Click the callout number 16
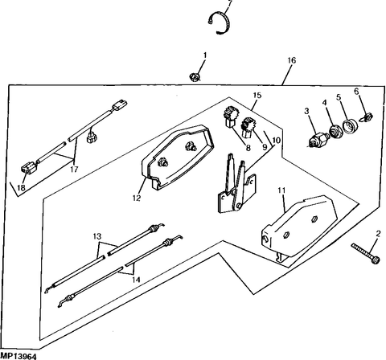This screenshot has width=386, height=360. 290,60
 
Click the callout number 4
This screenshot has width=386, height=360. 325,103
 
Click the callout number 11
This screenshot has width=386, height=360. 281,190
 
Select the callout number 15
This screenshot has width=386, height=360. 257,96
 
